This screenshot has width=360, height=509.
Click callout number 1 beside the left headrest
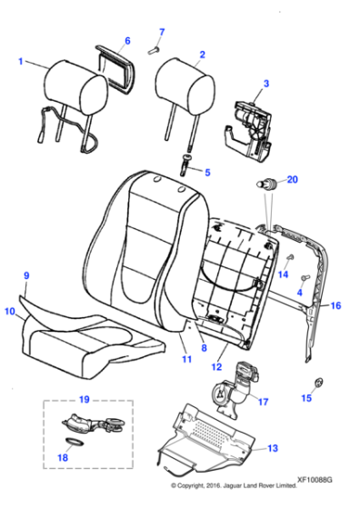coord(20,62)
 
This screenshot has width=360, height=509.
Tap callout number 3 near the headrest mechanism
coord(265,85)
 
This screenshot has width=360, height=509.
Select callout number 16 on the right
coord(335,306)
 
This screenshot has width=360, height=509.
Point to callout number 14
coord(284,274)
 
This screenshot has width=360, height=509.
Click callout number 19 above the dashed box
coord(84,398)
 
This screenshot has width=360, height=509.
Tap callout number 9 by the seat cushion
coord(26,274)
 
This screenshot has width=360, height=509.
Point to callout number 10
coord(10,311)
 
